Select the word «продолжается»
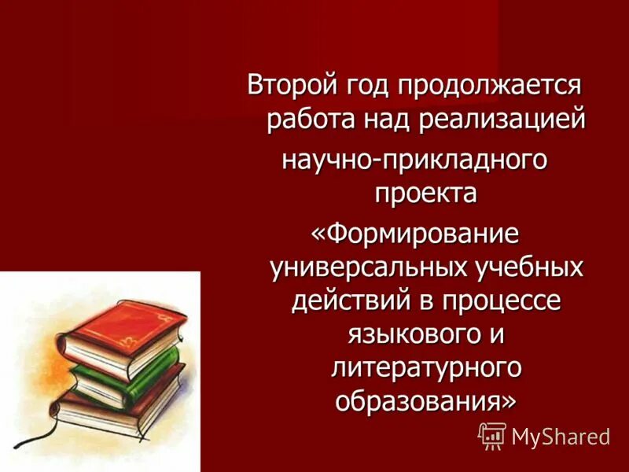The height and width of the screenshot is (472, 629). pyautogui.click(x=490, y=84)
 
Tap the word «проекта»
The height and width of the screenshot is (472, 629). pyautogui.click(x=425, y=193)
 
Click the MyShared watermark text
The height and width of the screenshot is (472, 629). pyautogui.click(x=561, y=436)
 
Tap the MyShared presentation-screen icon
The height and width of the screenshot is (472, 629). pyautogui.click(x=492, y=434)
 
